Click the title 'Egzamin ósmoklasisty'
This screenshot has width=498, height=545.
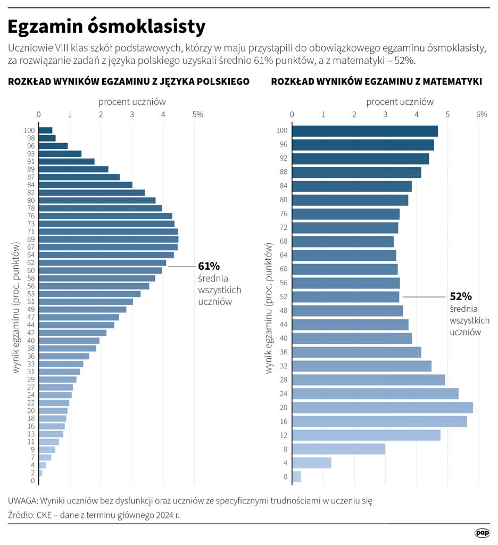[106, 26]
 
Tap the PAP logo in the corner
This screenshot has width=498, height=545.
[482, 533]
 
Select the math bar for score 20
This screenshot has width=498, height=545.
[382, 408]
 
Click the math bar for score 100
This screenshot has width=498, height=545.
[365, 131]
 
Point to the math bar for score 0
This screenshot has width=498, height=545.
[297, 477]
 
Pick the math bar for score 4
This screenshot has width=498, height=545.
[312, 463]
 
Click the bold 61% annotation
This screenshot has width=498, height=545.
[209, 266]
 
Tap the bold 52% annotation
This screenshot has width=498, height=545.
[461, 296]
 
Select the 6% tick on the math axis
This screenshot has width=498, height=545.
[481, 114]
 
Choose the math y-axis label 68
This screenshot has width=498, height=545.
[284, 242]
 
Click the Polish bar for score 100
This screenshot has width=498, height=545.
[45, 130]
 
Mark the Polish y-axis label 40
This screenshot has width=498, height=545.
[31, 341]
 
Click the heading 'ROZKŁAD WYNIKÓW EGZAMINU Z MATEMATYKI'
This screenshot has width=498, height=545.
[377, 82]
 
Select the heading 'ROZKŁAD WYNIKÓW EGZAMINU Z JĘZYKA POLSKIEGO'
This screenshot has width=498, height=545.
[129, 82]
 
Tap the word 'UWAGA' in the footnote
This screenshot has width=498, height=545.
[23, 501]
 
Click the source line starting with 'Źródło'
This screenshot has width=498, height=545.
[94, 515]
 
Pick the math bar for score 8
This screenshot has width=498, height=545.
[338, 449]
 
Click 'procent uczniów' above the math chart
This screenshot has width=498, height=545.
[400, 102]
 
